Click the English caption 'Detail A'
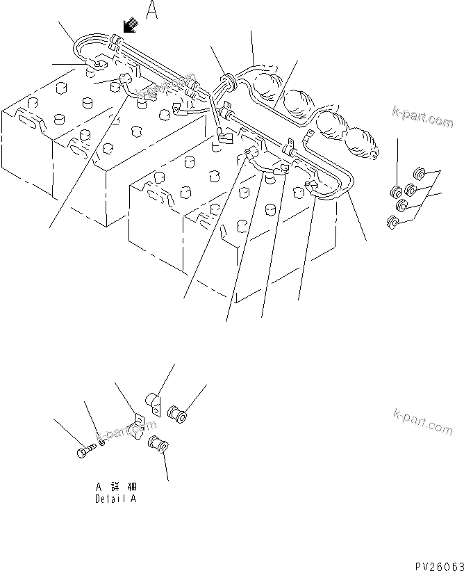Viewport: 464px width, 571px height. (x=115, y=499)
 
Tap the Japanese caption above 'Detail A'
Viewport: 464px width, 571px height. (x=115, y=488)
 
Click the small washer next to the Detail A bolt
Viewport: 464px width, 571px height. (x=103, y=440)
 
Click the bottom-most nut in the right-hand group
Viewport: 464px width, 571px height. (x=392, y=223)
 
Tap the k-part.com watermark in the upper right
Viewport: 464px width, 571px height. (x=421, y=118)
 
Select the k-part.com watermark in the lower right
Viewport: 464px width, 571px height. (x=421, y=421)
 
